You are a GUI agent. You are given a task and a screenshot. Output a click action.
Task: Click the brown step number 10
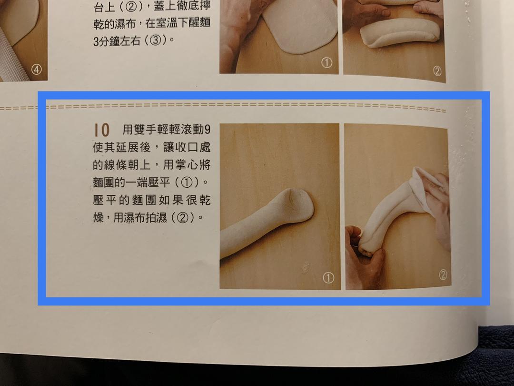[102, 130]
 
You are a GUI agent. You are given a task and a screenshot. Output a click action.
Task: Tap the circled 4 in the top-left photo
[37, 69]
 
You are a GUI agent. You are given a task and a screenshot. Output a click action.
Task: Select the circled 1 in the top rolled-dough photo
[326, 62]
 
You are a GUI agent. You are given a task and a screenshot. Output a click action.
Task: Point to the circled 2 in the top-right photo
[437, 71]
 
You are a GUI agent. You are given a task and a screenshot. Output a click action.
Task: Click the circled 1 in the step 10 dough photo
[328, 278]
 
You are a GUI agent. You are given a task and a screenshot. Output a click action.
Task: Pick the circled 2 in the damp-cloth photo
[443, 275]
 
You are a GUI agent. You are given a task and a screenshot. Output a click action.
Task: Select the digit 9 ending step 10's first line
[207, 130]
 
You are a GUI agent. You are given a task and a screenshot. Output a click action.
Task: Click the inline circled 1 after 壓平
[187, 183]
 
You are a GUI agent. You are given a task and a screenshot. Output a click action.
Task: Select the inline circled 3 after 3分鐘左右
[155, 41]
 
